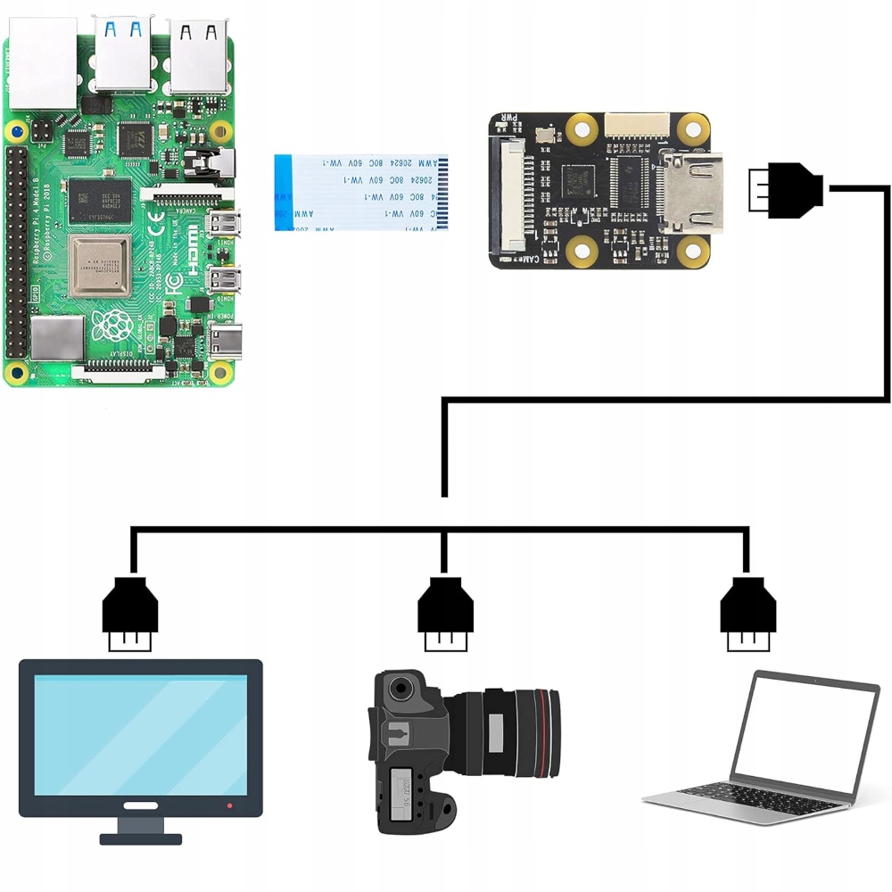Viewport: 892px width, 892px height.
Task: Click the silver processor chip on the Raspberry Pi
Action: [x=99, y=265]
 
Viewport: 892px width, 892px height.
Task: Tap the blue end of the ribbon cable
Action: [x=283, y=192]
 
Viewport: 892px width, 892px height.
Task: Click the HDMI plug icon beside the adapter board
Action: [x=782, y=191]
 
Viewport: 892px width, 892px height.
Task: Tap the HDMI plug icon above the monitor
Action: [x=130, y=614]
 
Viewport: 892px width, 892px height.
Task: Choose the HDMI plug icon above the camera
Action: [x=445, y=614]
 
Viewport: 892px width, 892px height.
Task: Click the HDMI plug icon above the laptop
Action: [x=748, y=614]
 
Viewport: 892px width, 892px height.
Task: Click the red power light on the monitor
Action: [x=230, y=805]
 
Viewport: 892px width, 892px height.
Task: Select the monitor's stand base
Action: [x=141, y=838]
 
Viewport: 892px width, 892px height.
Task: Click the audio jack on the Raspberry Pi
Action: [x=217, y=162]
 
